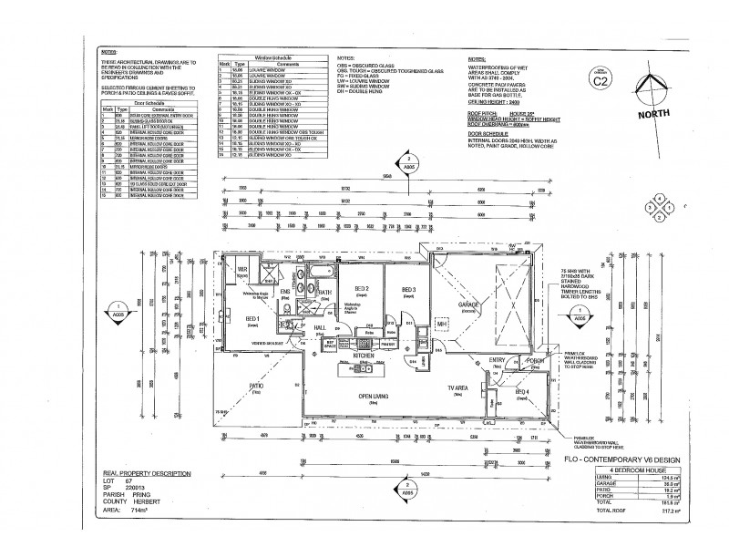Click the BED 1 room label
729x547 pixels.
coord(252,316)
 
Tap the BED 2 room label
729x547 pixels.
coord(361,290)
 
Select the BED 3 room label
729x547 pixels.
coord(408,290)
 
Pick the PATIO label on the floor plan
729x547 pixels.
coord(256,386)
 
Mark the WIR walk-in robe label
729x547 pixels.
coord(242,270)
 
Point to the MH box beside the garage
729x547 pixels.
coord(441,324)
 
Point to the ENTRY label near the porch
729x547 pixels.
coord(497,361)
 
